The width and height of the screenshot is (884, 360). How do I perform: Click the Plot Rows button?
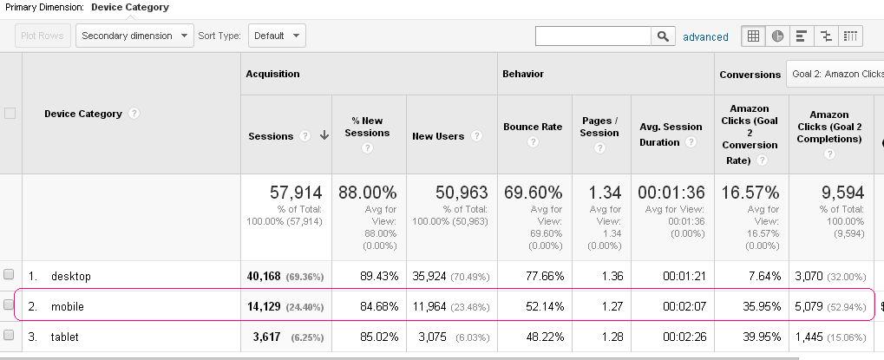pos(43,36)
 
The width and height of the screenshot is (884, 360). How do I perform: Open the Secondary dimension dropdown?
pos(135,36)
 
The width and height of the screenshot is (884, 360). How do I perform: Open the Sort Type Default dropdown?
pos(277,36)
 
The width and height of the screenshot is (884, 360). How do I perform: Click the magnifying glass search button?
pos(663,36)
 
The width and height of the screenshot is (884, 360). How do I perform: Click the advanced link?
pos(705,36)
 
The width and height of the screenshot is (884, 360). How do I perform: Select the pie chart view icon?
pos(777,36)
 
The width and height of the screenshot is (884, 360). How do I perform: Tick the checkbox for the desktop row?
pos(10,275)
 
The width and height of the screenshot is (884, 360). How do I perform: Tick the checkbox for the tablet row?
pos(10,335)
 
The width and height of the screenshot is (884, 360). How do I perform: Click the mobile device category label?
pos(68,306)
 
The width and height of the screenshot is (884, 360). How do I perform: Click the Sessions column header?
pos(271,136)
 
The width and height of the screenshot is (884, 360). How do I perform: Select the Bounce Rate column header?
pos(533,127)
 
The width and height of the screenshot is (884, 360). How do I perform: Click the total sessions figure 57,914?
pos(295,193)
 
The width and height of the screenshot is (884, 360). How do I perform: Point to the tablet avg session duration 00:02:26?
pos(684,336)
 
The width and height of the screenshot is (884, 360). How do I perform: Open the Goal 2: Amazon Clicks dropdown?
pos(835,74)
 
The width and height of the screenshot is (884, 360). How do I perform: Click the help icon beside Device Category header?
pos(134,114)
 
